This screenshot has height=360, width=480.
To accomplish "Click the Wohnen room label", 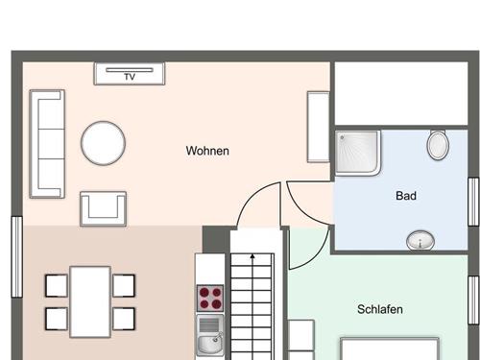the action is click(x=207, y=151).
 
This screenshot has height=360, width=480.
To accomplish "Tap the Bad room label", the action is click(x=406, y=196).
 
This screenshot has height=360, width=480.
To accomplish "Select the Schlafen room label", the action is click(x=380, y=309).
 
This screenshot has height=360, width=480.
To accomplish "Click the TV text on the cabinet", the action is click(x=130, y=77).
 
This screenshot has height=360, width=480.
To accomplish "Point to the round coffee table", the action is click(x=103, y=143).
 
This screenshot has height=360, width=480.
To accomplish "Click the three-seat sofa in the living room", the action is click(x=47, y=144).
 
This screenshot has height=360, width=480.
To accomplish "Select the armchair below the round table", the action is click(x=103, y=209).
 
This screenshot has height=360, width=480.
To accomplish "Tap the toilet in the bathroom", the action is click(x=438, y=145).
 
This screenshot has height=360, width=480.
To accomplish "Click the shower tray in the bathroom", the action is click(x=358, y=153).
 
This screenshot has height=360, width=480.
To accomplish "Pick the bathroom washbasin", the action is click(x=420, y=240).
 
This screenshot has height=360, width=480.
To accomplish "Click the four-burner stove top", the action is click(x=210, y=298).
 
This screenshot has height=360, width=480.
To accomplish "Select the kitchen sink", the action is click(x=210, y=335).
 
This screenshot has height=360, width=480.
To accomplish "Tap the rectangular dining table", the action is click(x=90, y=301).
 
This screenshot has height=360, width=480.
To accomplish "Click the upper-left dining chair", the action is click(x=57, y=285).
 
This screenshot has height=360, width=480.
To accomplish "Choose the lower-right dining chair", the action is click(x=124, y=319).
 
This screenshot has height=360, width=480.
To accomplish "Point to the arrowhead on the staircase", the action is click(x=252, y=256).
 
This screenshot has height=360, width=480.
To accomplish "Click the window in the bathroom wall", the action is click(x=473, y=202).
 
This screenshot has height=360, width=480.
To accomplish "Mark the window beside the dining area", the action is click(x=17, y=257).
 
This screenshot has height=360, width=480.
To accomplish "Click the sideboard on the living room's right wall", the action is click(x=319, y=127).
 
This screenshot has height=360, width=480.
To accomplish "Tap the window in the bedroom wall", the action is click(x=473, y=300).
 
